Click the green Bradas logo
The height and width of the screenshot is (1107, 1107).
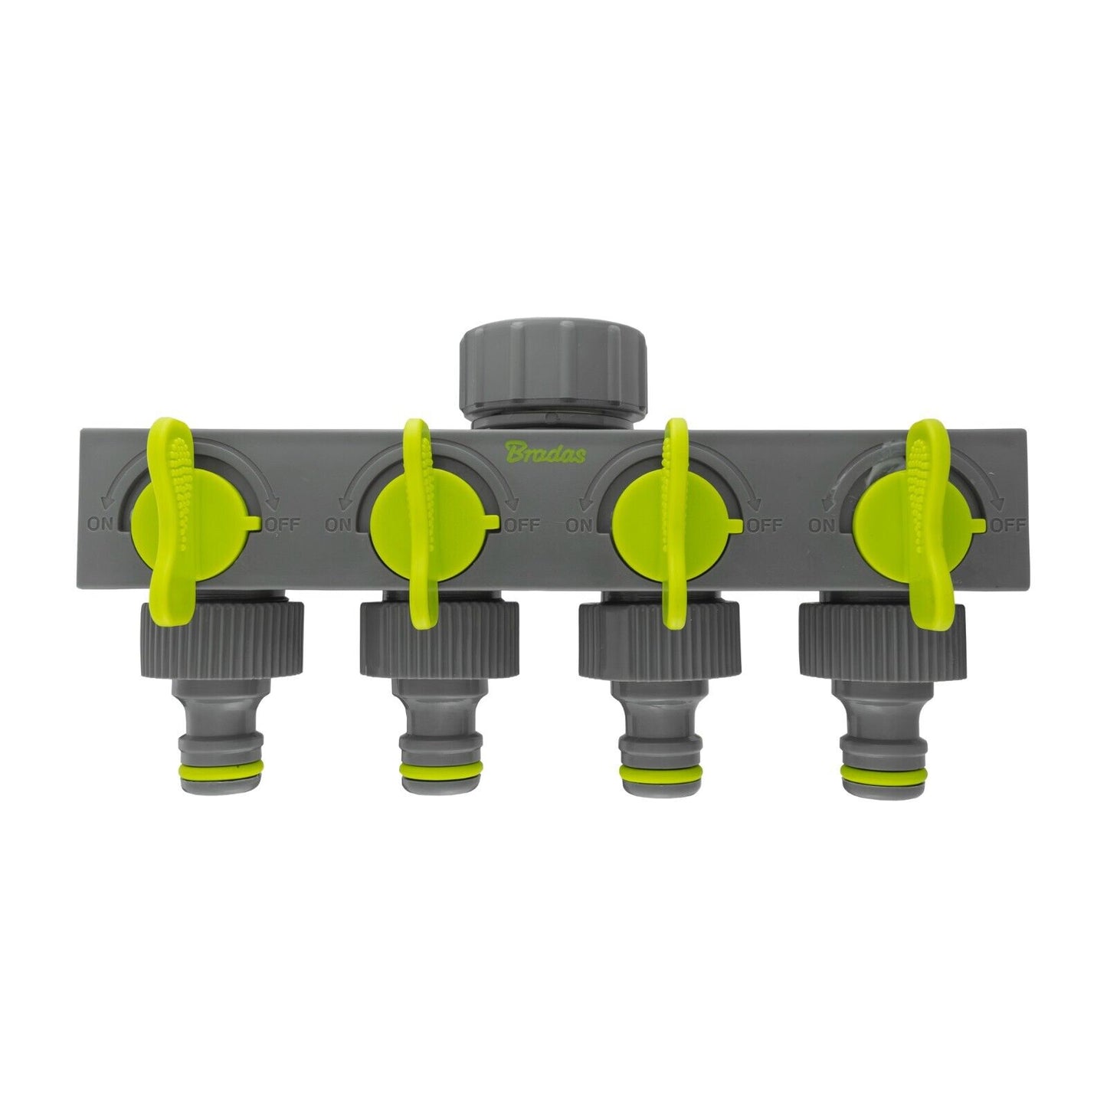545,454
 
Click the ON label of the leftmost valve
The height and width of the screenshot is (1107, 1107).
100,526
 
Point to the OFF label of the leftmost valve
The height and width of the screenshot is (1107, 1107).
285,526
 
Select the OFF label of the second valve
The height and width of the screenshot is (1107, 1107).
523,526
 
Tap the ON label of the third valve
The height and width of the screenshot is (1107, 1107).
579,526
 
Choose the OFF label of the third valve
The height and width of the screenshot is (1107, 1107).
765,526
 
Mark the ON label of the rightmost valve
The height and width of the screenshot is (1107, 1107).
822,526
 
